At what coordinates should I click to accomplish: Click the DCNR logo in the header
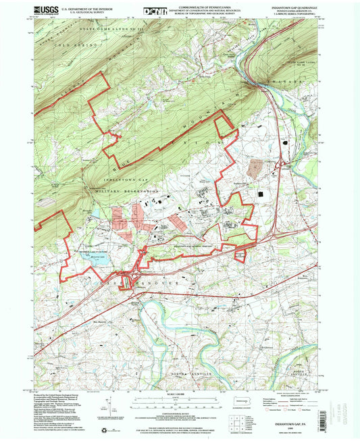pos(154,11)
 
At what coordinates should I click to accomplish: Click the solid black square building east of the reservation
pos(262,194)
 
